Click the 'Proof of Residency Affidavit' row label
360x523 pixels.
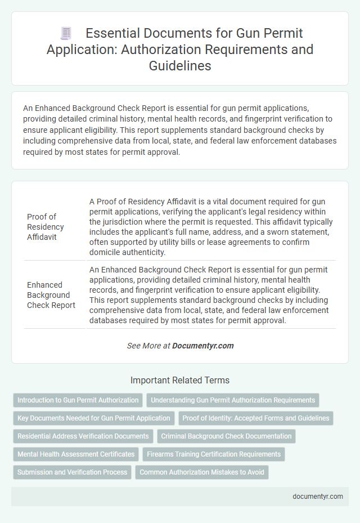point(46,227)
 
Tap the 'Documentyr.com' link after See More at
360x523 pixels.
point(203,346)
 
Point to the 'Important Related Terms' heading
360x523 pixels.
point(179,380)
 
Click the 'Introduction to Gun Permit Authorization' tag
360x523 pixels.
point(78,400)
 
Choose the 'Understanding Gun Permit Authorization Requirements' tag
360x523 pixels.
point(233,400)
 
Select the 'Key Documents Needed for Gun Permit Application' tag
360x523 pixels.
point(94,418)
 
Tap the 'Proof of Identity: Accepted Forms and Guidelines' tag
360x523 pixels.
point(256,418)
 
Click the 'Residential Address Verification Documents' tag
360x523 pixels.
point(83,436)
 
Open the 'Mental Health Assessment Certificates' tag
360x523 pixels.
point(76,454)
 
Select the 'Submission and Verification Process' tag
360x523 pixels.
point(72,472)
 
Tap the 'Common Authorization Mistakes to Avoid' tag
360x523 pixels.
point(202,472)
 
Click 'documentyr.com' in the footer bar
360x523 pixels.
point(317,497)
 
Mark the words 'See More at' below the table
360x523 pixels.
point(148,346)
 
